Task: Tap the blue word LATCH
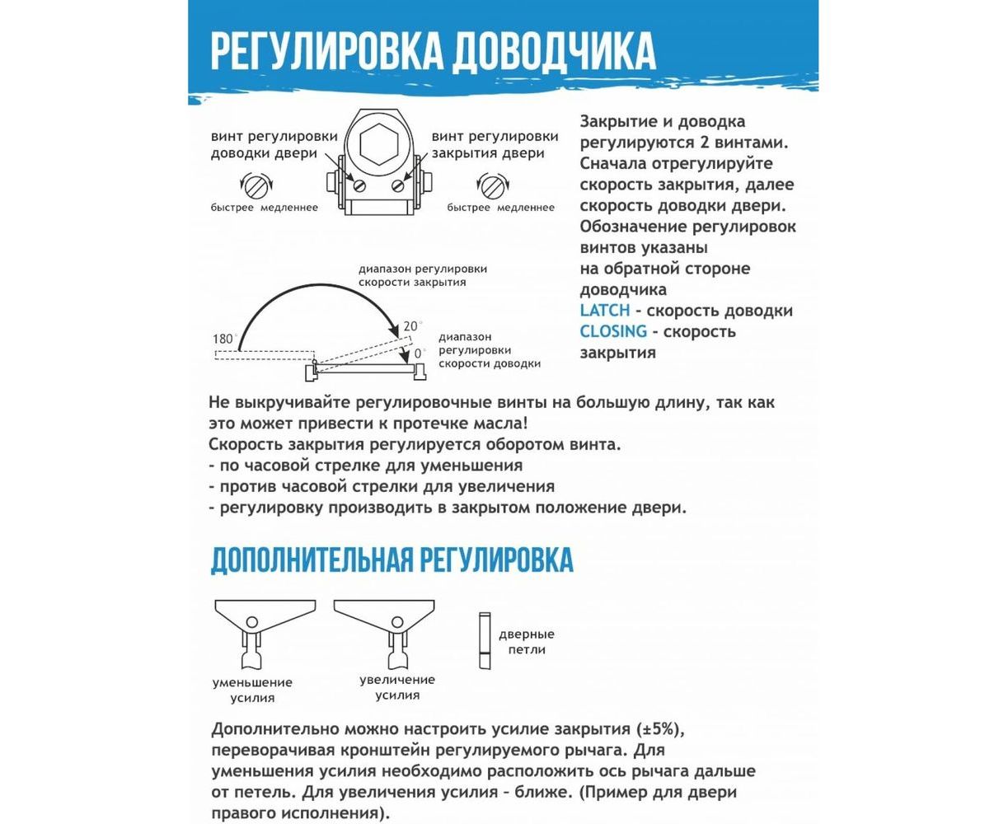point(605,311)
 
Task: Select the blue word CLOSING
point(613,331)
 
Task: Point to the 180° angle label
point(223,339)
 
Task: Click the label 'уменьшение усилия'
point(252,691)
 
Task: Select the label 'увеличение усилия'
point(397,687)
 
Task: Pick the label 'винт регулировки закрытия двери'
point(495,145)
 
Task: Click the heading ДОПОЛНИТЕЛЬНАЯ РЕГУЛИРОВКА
point(391,559)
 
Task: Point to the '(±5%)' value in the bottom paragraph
point(660,729)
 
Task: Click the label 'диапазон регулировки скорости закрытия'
point(422,275)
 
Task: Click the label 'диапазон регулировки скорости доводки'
point(490,350)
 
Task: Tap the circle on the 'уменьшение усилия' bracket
point(252,622)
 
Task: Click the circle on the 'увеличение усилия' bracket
point(397,622)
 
